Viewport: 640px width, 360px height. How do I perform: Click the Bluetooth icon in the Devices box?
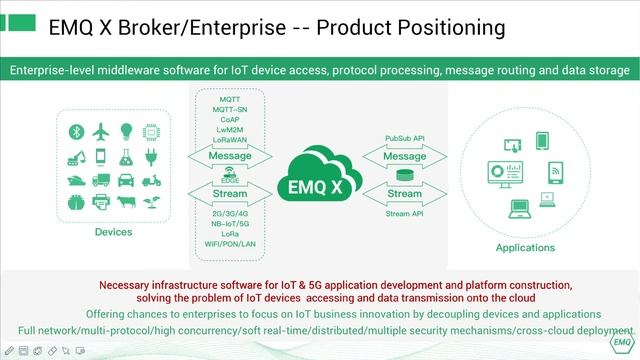coord(75,132)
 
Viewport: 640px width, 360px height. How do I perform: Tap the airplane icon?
coord(101,132)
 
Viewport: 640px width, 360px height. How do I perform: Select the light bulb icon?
coord(127,132)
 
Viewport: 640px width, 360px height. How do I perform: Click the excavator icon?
coord(75,156)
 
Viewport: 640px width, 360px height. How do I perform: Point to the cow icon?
coord(127,203)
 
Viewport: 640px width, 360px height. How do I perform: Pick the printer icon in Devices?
coord(101,203)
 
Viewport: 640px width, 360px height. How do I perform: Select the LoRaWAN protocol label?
coord(230,140)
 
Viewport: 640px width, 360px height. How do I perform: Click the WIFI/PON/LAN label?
coord(230,244)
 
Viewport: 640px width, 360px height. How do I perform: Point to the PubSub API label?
coord(405,137)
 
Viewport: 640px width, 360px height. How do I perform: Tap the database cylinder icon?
coord(404,176)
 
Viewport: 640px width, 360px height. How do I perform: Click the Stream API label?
coord(405,213)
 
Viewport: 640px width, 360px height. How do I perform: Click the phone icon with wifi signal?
coord(553,175)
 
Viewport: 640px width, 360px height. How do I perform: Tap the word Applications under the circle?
coord(525,248)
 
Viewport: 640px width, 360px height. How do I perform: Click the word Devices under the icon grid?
coord(113,232)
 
